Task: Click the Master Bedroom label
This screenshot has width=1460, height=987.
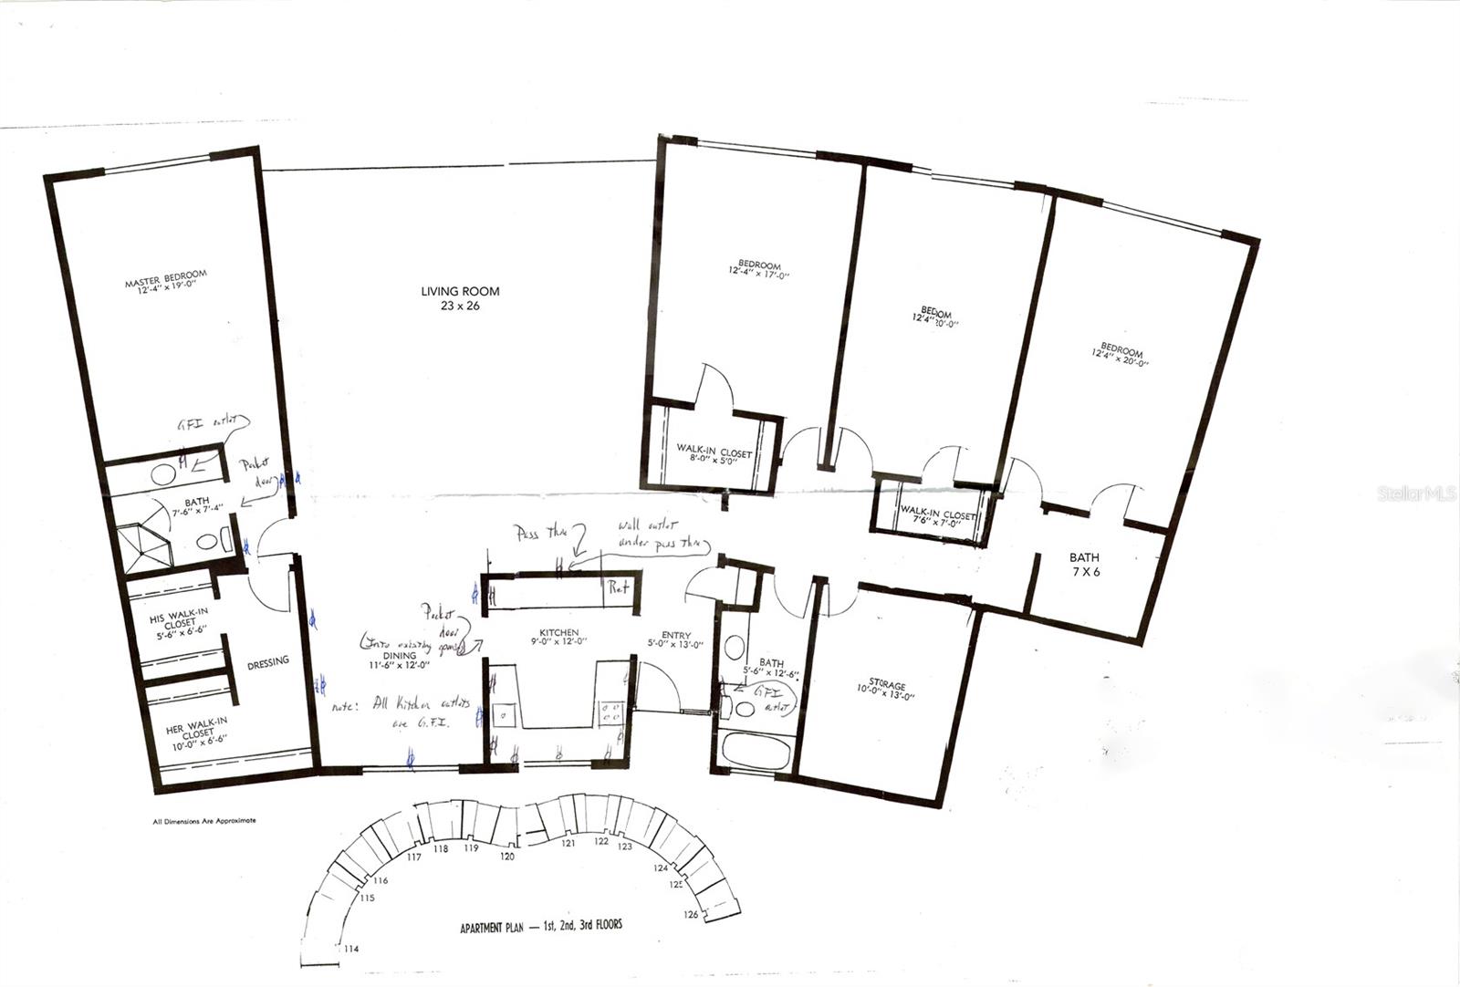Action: pyautogui.click(x=166, y=279)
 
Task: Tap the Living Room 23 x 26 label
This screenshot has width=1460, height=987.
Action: pyautogui.click(x=460, y=298)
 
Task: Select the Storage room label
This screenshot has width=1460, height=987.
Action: pyautogui.click(x=887, y=690)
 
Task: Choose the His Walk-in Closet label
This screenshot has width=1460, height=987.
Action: pyautogui.click(x=179, y=622)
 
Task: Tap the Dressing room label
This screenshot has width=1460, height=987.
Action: pyautogui.click(x=267, y=661)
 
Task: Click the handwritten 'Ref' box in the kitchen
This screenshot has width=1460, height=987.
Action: pyautogui.click(x=620, y=588)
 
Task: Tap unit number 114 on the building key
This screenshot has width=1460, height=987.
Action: pyautogui.click(x=351, y=949)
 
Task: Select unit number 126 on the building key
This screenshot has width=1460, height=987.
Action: pyautogui.click(x=691, y=913)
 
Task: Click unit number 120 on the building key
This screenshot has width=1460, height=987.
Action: pyautogui.click(x=507, y=857)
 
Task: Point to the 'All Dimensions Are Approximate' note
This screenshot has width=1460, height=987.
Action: pyautogui.click(x=204, y=821)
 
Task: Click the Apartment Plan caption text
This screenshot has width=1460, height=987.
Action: pyautogui.click(x=541, y=926)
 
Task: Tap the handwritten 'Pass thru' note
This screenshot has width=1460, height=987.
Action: pyautogui.click(x=539, y=532)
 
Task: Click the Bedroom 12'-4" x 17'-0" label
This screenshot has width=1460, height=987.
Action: pyautogui.click(x=759, y=268)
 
